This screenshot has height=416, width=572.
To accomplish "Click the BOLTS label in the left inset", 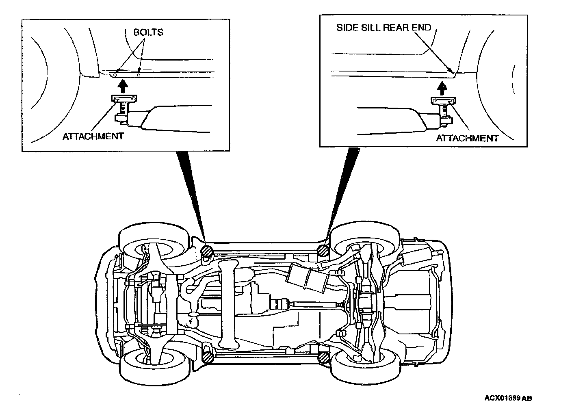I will pos(148,32).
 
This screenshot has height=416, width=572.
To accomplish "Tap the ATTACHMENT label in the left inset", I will pos(93,136).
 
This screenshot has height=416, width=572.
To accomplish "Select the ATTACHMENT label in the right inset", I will pos(467,138).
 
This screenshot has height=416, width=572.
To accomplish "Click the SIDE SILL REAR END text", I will pos(383,28).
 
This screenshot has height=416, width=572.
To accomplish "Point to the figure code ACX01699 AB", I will pos(508,398).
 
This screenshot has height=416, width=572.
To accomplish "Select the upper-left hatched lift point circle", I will pos(207,251).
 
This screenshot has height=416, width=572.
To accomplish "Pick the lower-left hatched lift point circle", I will pos(208,357).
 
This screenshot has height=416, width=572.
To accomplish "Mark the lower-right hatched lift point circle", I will pos(324,357).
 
